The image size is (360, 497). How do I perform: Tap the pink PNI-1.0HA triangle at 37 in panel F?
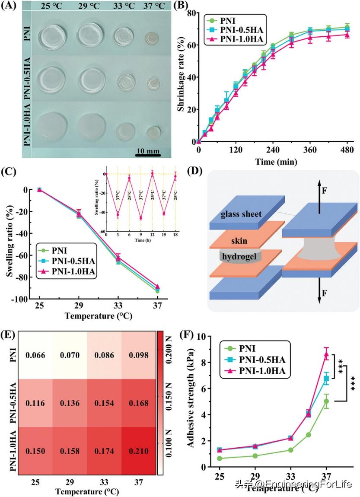(x=327, y=354)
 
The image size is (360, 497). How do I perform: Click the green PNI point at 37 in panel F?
(x=327, y=401)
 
